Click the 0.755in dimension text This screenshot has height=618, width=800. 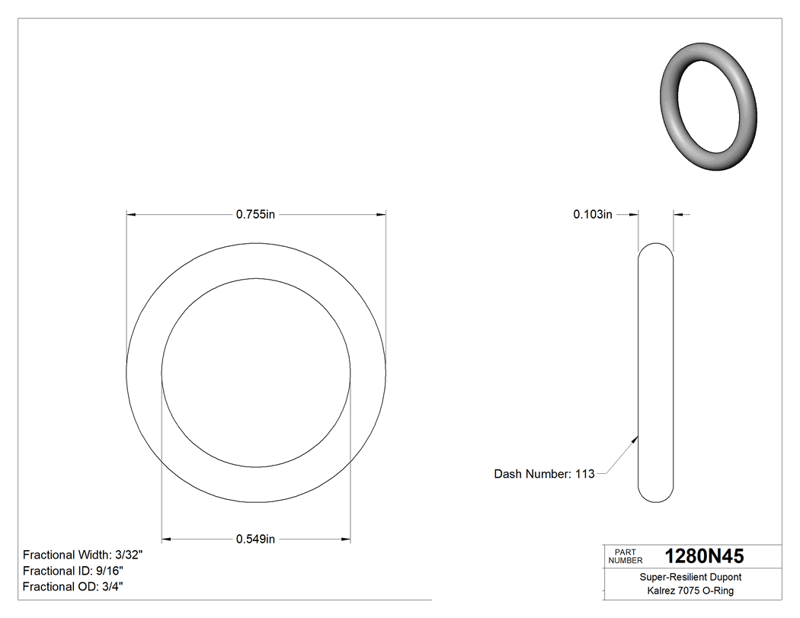tap(255, 216)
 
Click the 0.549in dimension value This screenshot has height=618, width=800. tap(255, 540)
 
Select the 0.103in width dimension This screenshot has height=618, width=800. tap(593, 216)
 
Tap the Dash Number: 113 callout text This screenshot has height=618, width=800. tap(544, 474)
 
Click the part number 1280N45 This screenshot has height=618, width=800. tap(704, 556)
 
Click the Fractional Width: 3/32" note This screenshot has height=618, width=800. tap(83, 555)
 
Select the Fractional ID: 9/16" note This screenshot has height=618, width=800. tap(73, 571)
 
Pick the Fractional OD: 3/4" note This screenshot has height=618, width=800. tap(73, 587)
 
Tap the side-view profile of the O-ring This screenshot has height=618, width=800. tap(655, 373)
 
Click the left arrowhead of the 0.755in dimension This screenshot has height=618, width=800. tap(131, 216)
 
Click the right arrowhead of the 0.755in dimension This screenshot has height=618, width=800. tap(381, 216)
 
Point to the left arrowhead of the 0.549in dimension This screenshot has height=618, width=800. tap(167, 540)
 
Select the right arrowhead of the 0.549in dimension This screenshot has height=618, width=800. tap(346, 540)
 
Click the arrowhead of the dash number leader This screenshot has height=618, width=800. tap(635, 438)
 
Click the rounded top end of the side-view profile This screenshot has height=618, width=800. tap(655, 248)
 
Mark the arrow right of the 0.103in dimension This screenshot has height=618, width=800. tap(678, 216)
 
